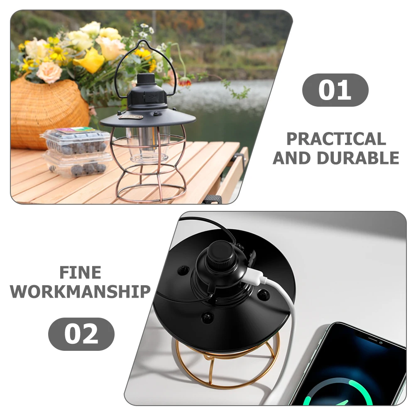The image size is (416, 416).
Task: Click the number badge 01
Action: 335,90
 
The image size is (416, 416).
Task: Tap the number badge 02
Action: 81,334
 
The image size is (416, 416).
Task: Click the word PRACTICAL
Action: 336,139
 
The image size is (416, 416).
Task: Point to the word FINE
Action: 80,273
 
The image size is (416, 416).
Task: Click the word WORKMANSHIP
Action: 80,291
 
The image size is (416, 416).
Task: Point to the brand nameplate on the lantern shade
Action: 130,117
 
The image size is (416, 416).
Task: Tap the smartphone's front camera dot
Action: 381,343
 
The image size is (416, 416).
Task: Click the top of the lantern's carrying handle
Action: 143,42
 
